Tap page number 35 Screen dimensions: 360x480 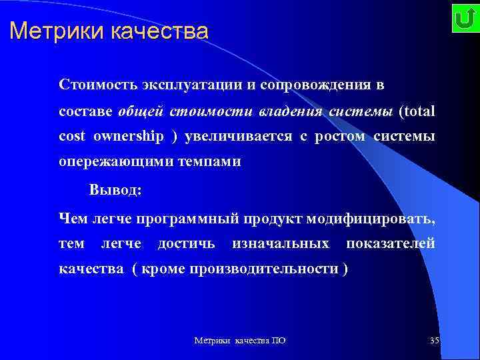[435, 341]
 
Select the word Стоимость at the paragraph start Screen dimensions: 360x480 [97, 85]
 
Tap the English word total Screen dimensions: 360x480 [419, 111]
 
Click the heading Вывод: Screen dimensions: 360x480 [115, 189]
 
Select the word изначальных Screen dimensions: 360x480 [280, 243]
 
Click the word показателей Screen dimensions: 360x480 [390, 243]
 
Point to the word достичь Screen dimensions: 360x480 [186, 243]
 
